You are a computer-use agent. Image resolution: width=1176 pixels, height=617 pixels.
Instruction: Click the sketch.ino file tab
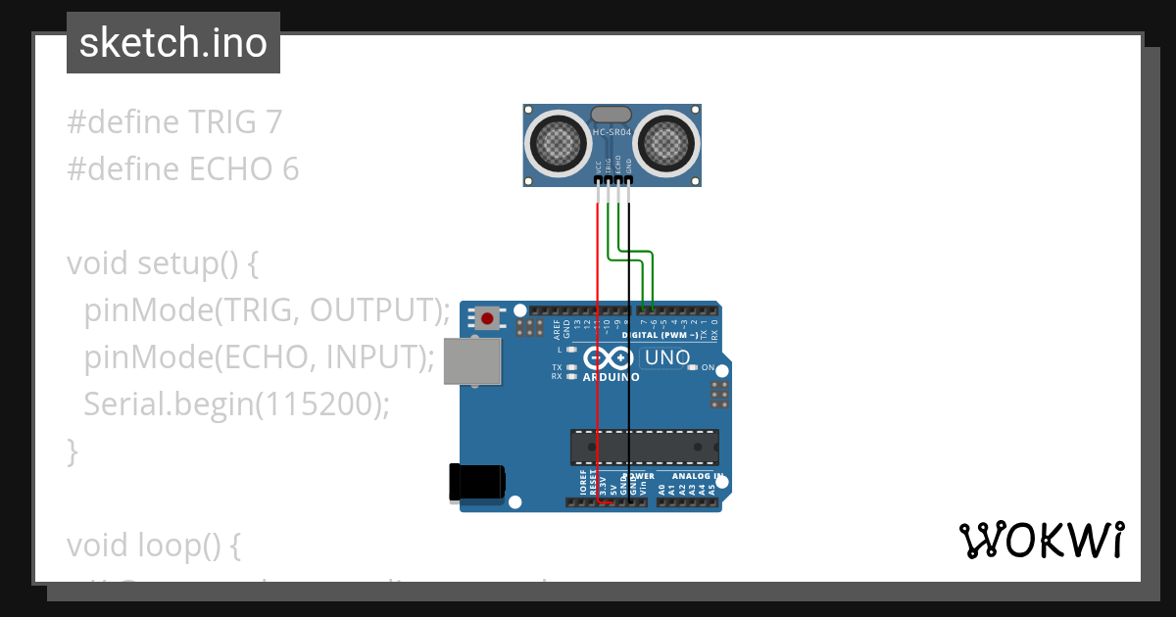tap(173, 43)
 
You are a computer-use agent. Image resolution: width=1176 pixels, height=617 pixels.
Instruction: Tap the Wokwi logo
tap(1041, 540)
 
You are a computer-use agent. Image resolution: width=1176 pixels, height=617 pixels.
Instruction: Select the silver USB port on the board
tap(473, 360)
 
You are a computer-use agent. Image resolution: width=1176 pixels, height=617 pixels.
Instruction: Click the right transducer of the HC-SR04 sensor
tap(668, 144)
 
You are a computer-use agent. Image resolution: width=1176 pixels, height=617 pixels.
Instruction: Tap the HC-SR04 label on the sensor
tap(612, 132)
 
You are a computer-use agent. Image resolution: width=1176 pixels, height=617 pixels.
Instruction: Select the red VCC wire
tap(598, 343)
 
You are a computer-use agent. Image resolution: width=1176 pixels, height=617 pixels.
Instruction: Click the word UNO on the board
tap(667, 358)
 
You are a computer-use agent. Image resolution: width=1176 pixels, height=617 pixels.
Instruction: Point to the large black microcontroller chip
tap(644, 447)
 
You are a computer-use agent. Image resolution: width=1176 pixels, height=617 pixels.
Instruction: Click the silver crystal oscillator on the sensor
tap(612, 114)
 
